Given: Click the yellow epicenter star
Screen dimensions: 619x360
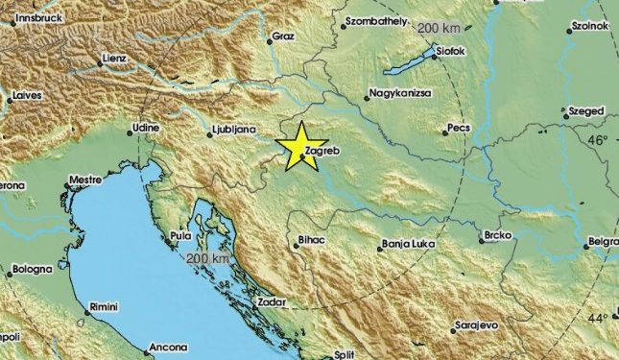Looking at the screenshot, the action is click(299, 147).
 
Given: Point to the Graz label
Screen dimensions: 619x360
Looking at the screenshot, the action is click(282, 36).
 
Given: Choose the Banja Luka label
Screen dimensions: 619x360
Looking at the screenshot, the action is click(408, 245).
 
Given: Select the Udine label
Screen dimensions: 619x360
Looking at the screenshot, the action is click(145, 127).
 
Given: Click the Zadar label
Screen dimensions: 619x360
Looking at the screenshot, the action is click(273, 303).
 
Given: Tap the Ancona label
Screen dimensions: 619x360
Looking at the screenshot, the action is click(169, 348).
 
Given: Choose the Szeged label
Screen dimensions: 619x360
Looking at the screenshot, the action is click(586, 111).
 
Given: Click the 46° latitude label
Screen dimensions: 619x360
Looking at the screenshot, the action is click(599, 140).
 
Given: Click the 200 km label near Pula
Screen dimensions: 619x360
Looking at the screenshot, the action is click(207, 259).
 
